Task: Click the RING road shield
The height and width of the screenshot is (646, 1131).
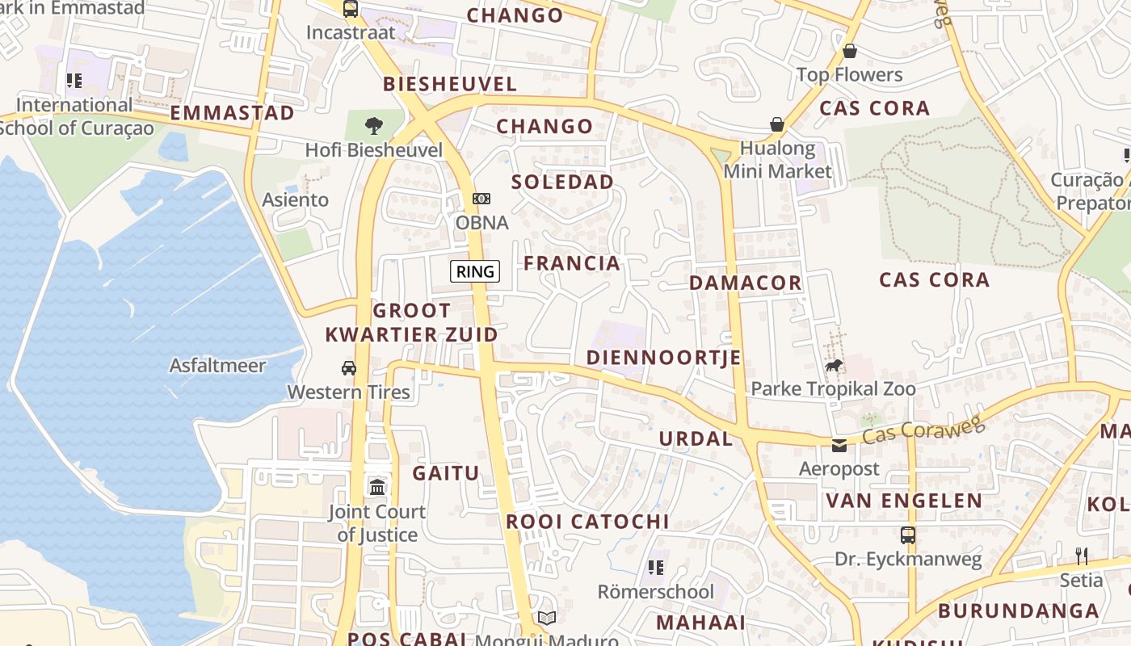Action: point(475,271)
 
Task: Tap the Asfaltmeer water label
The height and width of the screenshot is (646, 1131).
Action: point(217,366)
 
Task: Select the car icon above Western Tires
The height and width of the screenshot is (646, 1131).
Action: point(349,368)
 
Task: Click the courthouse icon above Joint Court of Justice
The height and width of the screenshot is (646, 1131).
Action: point(377,487)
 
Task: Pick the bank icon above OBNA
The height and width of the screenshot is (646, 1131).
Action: point(481,199)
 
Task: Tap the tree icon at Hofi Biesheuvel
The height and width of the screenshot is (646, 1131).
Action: point(373,126)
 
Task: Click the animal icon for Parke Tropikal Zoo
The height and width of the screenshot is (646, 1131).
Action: point(834,366)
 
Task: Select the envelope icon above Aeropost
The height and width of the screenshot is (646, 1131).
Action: point(839,445)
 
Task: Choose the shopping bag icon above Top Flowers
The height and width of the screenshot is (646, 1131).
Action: point(850,52)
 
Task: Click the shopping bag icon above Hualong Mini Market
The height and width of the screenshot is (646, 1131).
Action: point(777,124)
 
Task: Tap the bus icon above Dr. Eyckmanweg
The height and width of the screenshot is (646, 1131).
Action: point(908,535)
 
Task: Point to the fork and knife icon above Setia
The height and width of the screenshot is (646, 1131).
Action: point(1081,556)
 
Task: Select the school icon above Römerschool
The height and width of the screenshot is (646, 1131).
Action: point(656,568)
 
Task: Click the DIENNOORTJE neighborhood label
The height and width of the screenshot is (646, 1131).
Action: point(663,358)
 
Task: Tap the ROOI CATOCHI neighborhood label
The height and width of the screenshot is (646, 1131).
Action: point(587,522)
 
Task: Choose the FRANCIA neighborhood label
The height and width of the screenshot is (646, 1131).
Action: point(572,263)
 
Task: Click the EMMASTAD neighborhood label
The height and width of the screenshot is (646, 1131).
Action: point(232,113)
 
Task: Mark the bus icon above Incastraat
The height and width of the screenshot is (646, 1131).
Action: point(350,9)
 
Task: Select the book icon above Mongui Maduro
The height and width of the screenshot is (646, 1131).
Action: point(547,619)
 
